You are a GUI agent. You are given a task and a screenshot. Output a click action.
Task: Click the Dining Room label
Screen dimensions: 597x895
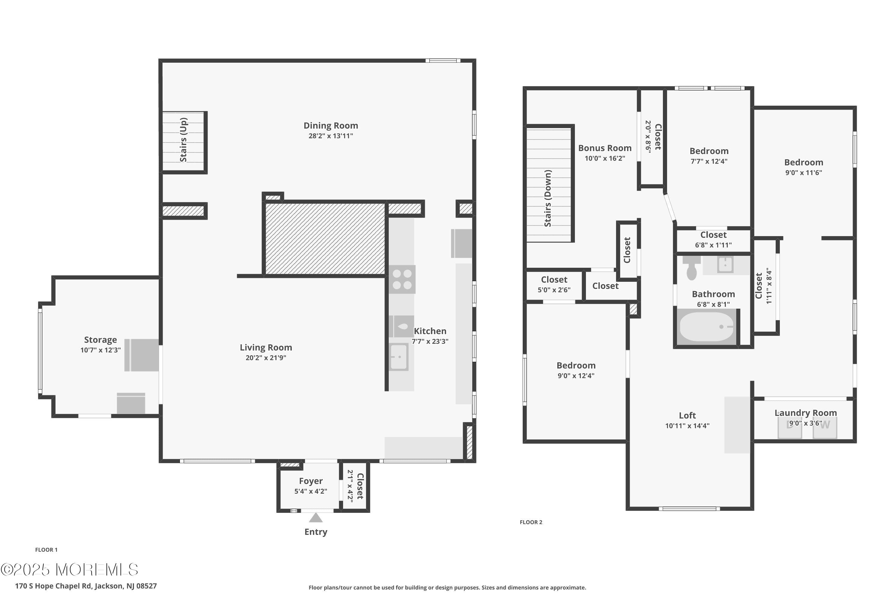pyautogui.click(x=330, y=126)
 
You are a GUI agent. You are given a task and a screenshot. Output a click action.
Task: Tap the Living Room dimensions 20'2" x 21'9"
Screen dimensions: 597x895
pyautogui.click(x=266, y=358)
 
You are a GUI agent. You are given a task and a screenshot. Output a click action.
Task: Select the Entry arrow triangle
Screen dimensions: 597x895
pyautogui.click(x=315, y=518)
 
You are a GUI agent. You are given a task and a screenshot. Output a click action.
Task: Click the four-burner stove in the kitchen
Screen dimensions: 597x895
pyautogui.click(x=402, y=279)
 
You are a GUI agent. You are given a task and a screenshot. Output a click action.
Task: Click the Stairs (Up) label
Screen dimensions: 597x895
pyautogui.click(x=183, y=140)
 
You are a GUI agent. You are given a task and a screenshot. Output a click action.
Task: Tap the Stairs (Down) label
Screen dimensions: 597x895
pyautogui.click(x=547, y=199)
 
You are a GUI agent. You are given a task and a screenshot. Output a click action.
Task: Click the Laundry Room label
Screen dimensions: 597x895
pyautogui.click(x=805, y=413)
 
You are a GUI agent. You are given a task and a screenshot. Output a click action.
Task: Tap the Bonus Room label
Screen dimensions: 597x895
pyautogui.click(x=604, y=148)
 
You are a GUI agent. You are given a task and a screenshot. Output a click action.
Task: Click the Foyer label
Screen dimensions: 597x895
pyautogui.click(x=311, y=481)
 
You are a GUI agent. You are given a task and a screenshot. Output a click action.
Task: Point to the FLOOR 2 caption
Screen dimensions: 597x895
pyautogui.click(x=530, y=522)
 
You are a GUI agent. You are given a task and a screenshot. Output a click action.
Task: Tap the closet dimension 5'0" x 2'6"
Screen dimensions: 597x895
pyautogui.click(x=554, y=290)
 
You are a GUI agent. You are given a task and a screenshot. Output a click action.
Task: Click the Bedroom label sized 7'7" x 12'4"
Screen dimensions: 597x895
pyautogui.click(x=709, y=151)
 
